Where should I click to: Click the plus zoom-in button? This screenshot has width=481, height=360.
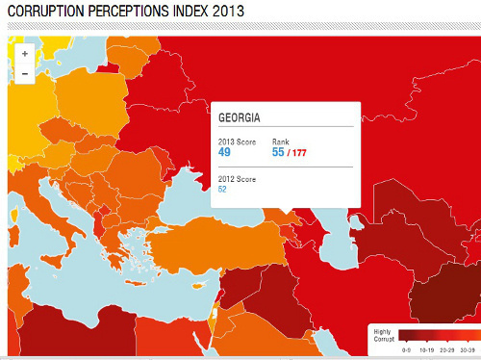(24, 54)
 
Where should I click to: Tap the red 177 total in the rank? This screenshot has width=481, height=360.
(299, 152)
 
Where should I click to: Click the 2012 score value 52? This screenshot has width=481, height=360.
(223, 189)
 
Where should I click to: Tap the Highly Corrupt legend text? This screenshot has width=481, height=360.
(383, 334)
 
